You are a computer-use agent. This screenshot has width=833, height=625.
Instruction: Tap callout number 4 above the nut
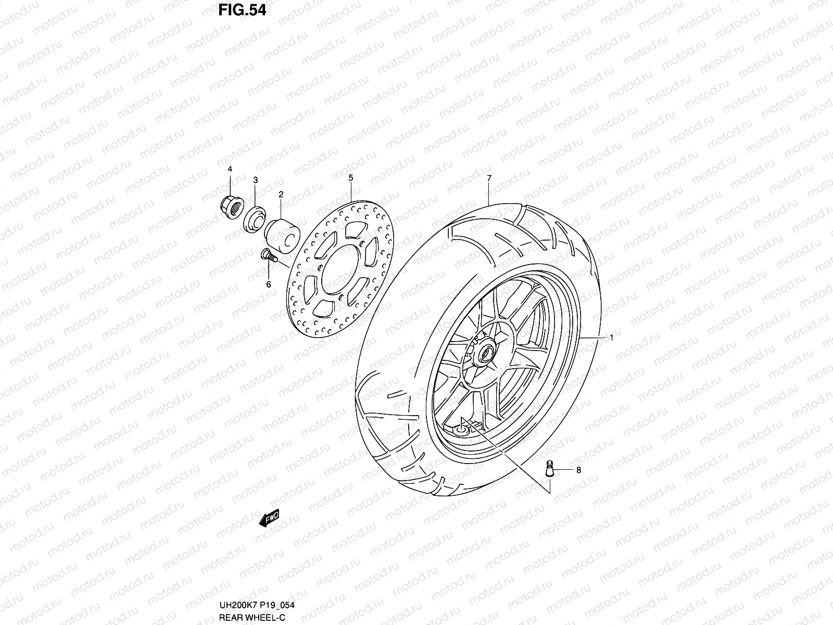coord(230,169)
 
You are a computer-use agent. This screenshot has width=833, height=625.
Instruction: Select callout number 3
coord(255,180)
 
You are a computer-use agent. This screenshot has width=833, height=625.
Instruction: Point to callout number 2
coord(281,194)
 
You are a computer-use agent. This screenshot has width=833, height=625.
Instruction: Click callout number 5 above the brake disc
coord(350,178)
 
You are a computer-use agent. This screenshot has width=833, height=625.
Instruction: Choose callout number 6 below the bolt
coord(269,284)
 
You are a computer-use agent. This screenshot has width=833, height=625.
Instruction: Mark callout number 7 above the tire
coord(489,179)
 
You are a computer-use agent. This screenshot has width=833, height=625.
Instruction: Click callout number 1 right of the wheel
coord(612,338)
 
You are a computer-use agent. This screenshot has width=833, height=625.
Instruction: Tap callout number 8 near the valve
coord(578,470)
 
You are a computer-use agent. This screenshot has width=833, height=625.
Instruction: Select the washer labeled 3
coord(255,218)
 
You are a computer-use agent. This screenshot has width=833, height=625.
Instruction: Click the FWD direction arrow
coord(269,518)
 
